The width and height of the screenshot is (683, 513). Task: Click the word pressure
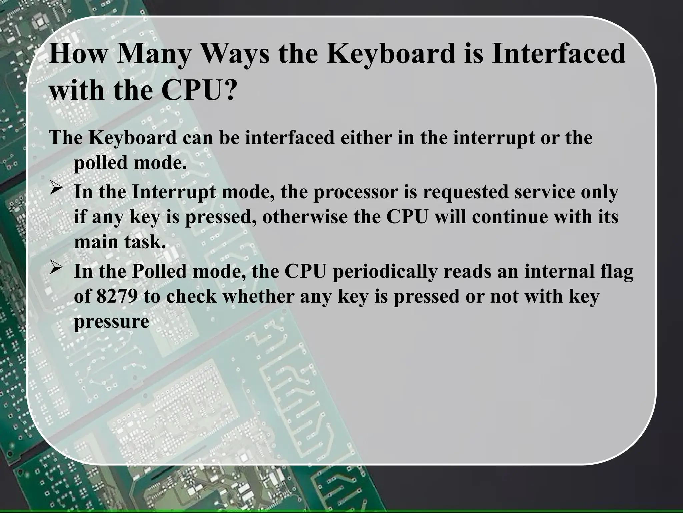coord(111,322)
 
